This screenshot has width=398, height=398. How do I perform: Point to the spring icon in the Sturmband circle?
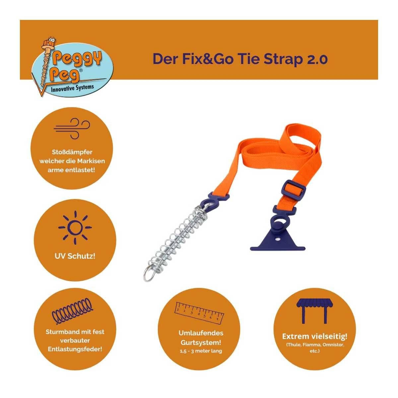(72, 310)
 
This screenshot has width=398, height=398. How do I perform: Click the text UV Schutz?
(75, 256)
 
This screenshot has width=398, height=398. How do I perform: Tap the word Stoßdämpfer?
(72, 152)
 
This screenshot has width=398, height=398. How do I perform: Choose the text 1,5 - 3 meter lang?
(201, 351)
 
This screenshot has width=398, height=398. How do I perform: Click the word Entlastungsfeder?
(75, 349)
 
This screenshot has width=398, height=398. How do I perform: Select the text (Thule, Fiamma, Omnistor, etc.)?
(315, 348)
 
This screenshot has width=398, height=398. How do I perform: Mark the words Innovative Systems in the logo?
(72, 88)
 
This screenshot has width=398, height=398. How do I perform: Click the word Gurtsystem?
(201, 342)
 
